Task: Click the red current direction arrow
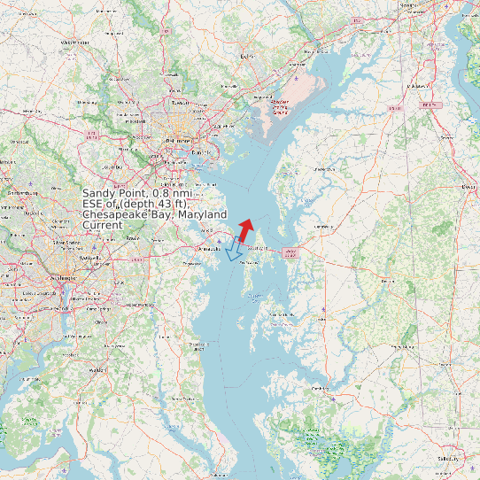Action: (245, 228)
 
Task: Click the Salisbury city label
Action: (449, 459)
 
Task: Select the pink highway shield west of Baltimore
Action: (92, 135)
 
